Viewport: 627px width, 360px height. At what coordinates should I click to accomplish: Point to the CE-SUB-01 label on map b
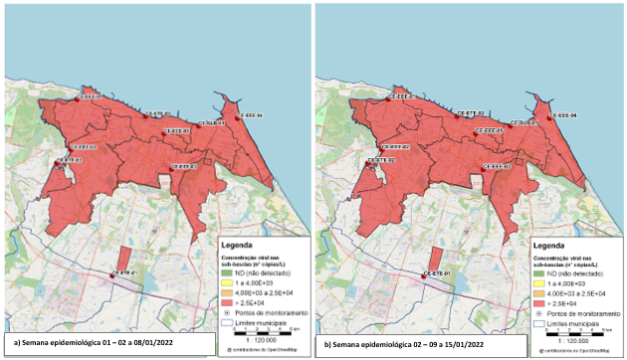click(x=525, y=122)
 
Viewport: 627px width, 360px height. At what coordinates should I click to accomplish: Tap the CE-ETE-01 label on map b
click(x=437, y=271)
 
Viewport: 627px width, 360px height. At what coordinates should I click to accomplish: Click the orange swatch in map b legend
click(x=539, y=295)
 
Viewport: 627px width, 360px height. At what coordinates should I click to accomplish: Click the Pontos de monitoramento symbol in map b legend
click(x=539, y=314)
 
